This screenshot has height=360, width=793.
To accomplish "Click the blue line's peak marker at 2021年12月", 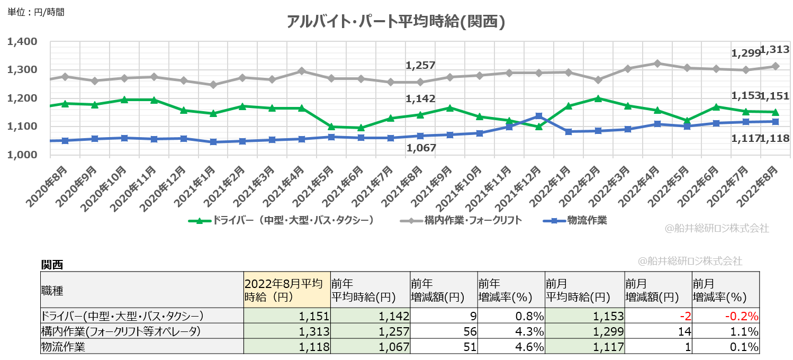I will [x=539, y=116].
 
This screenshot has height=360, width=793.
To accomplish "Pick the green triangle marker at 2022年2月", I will [x=598, y=98].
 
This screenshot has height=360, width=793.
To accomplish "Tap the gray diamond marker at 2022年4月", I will [x=657, y=63].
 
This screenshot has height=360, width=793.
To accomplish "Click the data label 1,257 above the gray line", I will [x=420, y=66].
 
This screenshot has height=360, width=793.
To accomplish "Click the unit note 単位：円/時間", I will [x=36, y=11].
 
